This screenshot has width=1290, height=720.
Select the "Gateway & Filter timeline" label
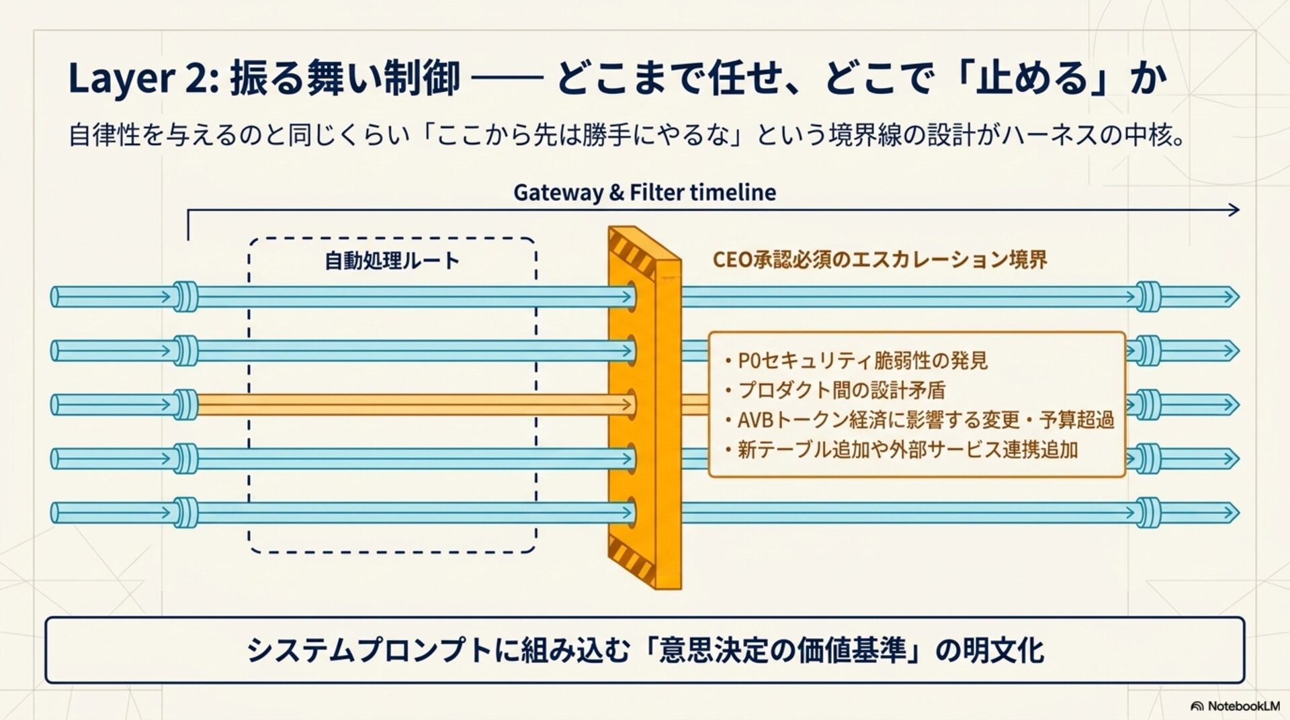(644, 193)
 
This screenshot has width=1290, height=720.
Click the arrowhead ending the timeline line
(1233, 210)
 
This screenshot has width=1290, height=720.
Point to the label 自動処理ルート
(392, 261)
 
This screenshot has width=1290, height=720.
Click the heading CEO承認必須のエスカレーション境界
(879, 260)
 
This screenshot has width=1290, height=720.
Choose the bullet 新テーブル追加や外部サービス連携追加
(907, 449)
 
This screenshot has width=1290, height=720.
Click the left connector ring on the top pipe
(185, 296)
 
